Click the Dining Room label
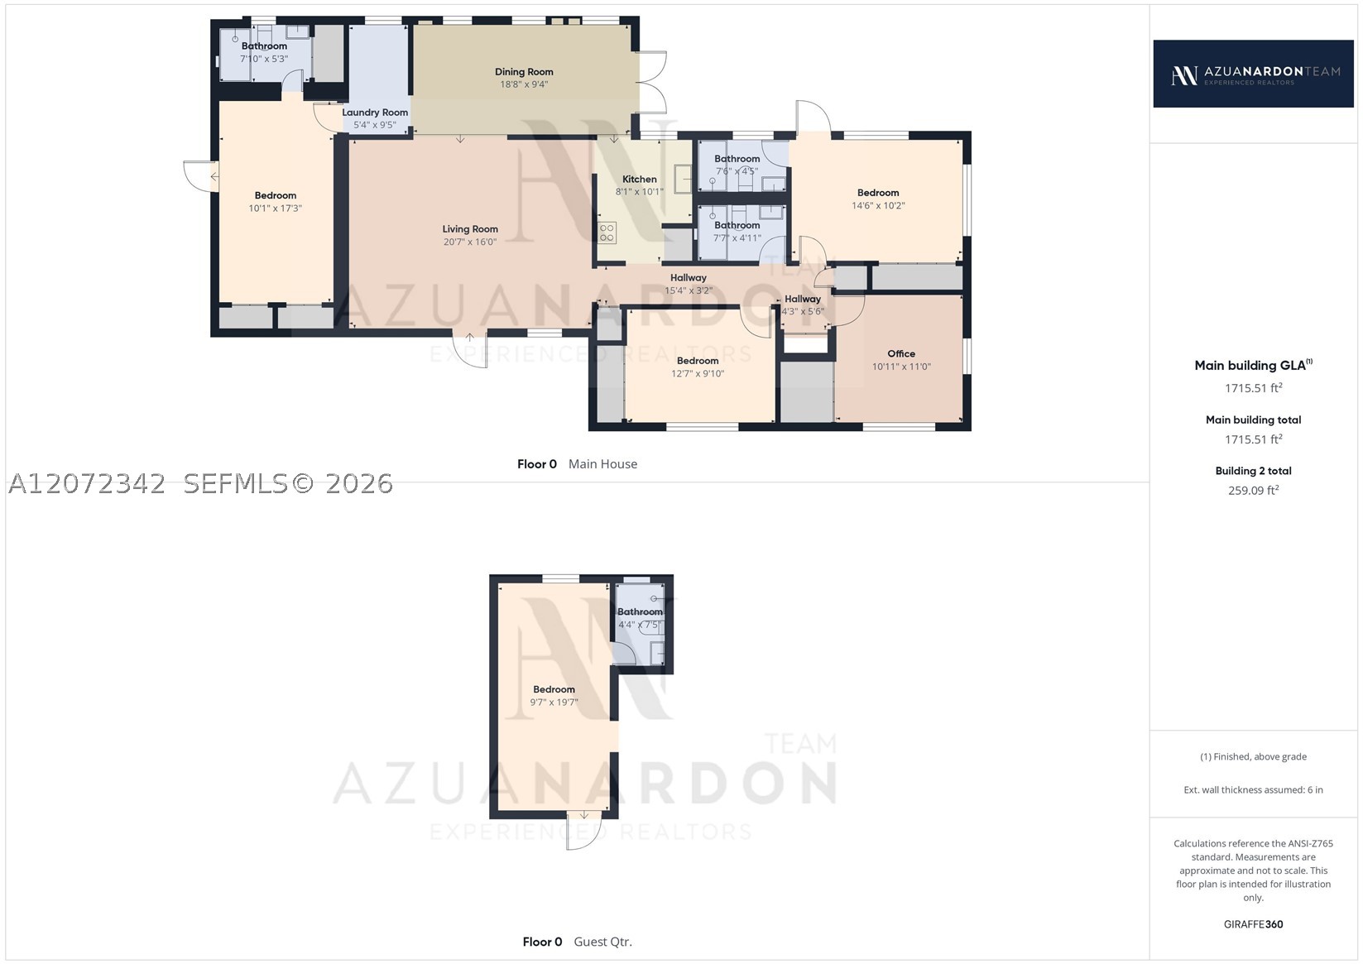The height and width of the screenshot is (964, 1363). pos(524,72)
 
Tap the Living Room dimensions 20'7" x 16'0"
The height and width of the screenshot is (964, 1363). pos(470,242)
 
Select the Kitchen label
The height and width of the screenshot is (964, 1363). pos(640,179)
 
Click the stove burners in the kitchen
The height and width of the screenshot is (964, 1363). pos(607,233)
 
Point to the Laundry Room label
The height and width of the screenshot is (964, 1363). pos(375,113)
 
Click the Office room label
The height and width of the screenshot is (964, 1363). pos(901,353)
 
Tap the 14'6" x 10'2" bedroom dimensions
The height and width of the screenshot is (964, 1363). pos(878,206)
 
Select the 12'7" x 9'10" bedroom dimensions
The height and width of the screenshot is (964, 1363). pos(698,374)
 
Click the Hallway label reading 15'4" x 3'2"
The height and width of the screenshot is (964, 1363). pos(689,277)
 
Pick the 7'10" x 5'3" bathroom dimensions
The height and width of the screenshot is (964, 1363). pos(264,59)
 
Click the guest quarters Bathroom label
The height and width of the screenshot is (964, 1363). pos(640,611)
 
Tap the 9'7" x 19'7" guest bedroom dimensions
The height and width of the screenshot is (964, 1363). pos(554,703)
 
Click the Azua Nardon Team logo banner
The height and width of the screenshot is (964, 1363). pos(1254,74)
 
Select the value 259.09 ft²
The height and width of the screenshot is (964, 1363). pos(1254,491)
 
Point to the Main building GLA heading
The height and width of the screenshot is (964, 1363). pos(1254,365)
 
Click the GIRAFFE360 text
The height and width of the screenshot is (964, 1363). pos(1254,923)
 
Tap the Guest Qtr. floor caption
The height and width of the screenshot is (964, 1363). pos(603,942)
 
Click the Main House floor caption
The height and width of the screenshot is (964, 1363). pos(603,463)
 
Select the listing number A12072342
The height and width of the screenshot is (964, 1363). pos(86,484)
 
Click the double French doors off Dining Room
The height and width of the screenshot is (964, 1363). pos(652,83)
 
